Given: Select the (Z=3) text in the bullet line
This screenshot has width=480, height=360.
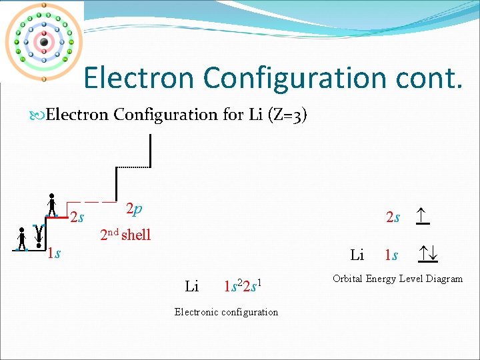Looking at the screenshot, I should pyautogui.click(x=287, y=115).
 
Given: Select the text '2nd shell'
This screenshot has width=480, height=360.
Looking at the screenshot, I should pyautogui.click(x=125, y=235).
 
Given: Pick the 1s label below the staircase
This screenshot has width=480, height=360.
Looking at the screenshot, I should pyautogui.click(x=54, y=253).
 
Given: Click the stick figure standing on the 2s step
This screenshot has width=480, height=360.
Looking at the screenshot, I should pyautogui.click(x=52, y=205).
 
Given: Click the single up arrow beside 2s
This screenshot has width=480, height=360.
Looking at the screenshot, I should pyautogui.click(x=421, y=215).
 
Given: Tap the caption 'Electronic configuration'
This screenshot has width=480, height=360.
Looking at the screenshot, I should pyautogui.click(x=226, y=312).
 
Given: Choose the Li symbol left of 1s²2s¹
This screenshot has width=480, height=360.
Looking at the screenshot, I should pyautogui.click(x=192, y=287).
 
